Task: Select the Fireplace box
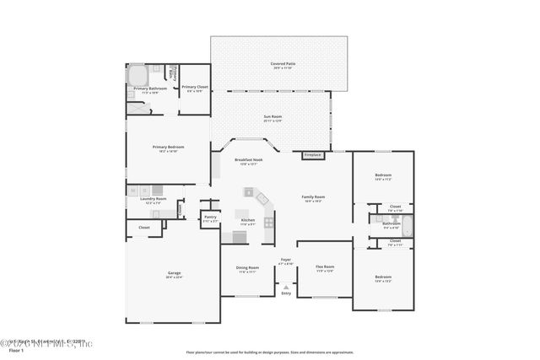click(x=313, y=155)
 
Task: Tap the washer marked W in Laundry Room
click(x=133, y=191)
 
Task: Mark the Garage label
click(x=174, y=275)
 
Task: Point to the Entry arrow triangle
click(x=286, y=287)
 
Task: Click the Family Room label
click(x=314, y=199)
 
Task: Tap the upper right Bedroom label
click(x=383, y=177)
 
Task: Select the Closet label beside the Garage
click(x=144, y=228)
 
